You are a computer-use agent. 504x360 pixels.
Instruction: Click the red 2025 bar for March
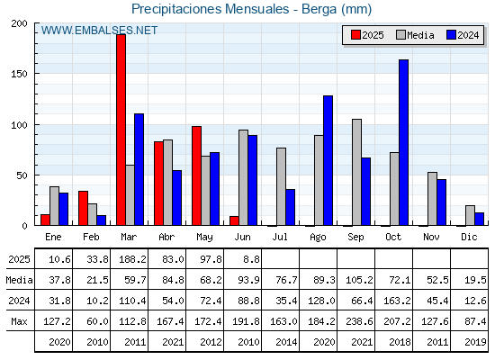pyautogui.click(x=121, y=130)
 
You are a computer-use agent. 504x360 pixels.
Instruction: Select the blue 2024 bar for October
pyautogui.click(x=404, y=142)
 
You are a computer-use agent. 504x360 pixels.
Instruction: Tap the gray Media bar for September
pyautogui.click(x=356, y=172)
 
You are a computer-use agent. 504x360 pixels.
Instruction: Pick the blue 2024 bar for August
pyautogui.click(x=328, y=160)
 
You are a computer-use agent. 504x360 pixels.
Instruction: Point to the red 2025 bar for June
pyautogui.click(x=234, y=220)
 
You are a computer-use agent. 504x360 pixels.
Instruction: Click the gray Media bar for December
pyautogui.click(x=470, y=215)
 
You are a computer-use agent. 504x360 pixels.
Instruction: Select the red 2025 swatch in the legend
pyautogui.click(x=355, y=35)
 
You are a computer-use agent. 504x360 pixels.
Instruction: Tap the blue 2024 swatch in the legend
pyautogui.click(x=451, y=35)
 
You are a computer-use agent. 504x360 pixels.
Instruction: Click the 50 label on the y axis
pyautogui.click(x=22, y=175)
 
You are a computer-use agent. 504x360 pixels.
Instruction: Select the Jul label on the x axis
pyautogui.click(x=280, y=237)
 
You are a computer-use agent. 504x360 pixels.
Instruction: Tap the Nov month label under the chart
pyautogui.click(x=431, y=237)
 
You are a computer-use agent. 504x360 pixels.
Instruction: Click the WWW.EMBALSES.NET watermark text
pyautogui.click(x=99, y=31)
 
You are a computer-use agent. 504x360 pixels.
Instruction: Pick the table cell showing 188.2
pyautogui.click(x=130, y=259)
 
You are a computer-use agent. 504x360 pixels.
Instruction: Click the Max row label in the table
pyautogui.click(x=19, y=321)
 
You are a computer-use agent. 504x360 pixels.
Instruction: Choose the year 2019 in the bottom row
pyautogui.click(x=475, y=342)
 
